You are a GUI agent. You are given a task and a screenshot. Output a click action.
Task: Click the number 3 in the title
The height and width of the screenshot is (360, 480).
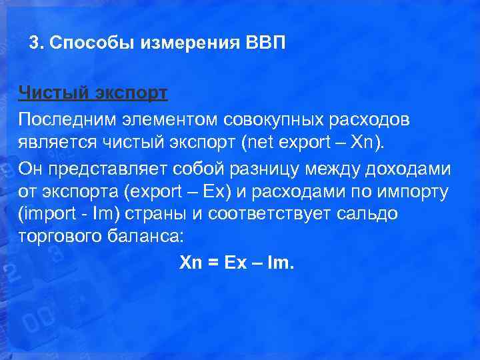(34, 44)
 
